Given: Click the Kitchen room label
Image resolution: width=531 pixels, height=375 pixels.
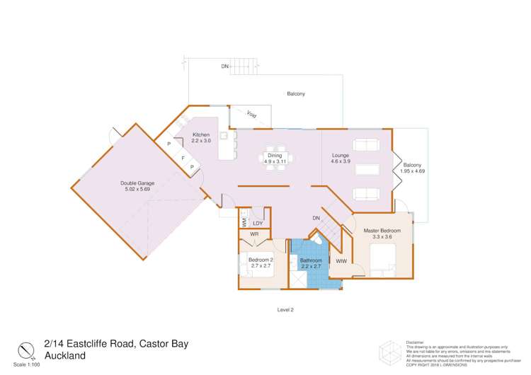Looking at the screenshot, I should click(202, 137).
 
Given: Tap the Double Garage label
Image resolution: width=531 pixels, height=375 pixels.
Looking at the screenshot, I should click(139, 186).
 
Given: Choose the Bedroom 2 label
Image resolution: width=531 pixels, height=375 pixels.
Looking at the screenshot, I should click(261, 263).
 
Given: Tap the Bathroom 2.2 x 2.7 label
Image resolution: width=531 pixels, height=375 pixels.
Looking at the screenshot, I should click(311, 263).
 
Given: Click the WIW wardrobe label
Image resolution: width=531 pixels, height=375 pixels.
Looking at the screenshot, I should click(341, 261).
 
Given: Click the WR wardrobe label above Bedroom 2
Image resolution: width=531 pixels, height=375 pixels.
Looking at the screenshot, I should click(253, 234).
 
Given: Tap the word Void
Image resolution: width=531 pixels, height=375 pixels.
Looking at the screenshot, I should click(251, 115).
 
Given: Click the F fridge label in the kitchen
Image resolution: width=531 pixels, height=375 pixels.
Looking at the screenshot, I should click(182, 158).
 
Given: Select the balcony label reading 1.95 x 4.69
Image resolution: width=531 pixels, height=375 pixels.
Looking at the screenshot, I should click(413, 168).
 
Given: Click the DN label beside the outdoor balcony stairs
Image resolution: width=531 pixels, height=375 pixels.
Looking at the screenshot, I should click(224, 66).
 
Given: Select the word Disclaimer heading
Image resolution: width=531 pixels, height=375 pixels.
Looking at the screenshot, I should click(415, 341).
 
